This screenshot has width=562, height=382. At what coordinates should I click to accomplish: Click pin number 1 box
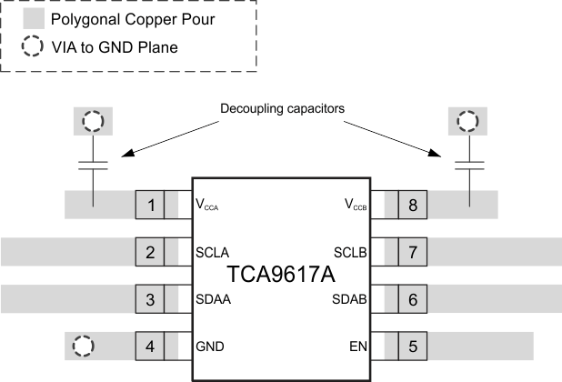tap(150, 205)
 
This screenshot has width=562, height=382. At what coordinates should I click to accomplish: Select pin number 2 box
tap(150, 251)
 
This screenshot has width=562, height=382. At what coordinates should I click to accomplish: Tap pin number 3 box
tap(150, 298)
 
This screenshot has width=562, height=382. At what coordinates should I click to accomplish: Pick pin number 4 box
tap(150, 346)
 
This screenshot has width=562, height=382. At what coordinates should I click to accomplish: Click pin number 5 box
tap(412, 346)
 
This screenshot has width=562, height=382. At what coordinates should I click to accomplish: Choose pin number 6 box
tap(412, 298)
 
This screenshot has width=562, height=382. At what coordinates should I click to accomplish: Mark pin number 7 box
tap(412, 251)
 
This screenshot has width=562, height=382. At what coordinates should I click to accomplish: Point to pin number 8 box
tap(412, 205)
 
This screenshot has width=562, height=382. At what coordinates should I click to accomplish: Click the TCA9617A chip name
tap(281, 274)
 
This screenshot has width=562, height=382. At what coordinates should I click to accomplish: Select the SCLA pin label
tap(212, 252)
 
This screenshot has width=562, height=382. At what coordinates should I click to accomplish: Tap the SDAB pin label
tap(349, 299)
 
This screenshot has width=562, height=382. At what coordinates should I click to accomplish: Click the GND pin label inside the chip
tap(210, 347)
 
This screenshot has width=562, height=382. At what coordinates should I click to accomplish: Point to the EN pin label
tap(359, 347)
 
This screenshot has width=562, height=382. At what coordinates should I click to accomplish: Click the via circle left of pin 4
tap(83, 346)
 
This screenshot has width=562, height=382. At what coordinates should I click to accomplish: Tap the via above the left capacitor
tap(93, 121)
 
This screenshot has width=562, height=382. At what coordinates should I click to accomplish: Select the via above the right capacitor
tap(469, 121)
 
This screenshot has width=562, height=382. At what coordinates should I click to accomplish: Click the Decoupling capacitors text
tap(283, 108)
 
